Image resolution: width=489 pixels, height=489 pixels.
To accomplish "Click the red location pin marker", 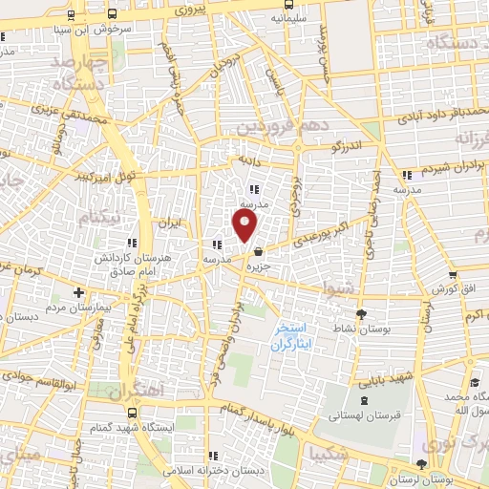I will pyautogui.click(x=245, y=226).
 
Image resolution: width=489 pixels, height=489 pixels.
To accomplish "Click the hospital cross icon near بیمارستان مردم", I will pyautogui.click(x=78, y=292).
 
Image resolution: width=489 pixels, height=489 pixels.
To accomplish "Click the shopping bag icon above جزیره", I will pyautogui.click(x=259, y=252).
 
